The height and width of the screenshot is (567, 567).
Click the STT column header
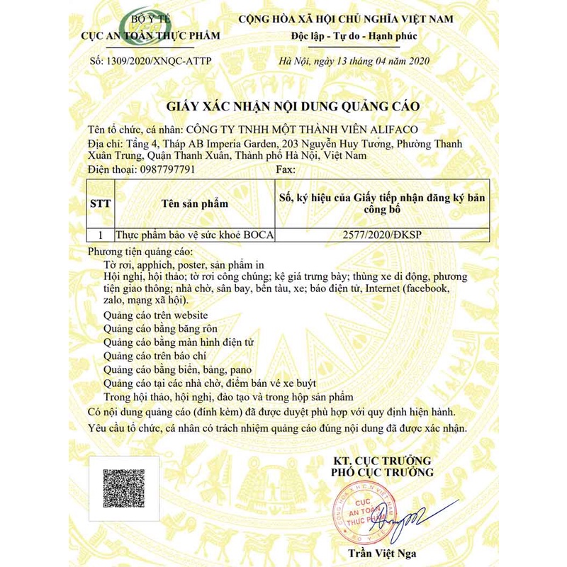pyautogui.click(x=100, y=203)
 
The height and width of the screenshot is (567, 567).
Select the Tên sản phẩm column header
pyautogui.click(x=193, y=203)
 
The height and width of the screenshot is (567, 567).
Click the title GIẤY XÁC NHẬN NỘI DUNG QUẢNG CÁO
pyautogui.click(x=293, y=106)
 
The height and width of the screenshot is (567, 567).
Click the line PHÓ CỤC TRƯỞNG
pyautogui.click(x=383, y=472)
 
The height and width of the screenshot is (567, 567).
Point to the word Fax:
pyautogui.click(x=284, y=169)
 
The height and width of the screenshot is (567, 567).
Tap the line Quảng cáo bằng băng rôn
pyautogui.click(x=160, y=328)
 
